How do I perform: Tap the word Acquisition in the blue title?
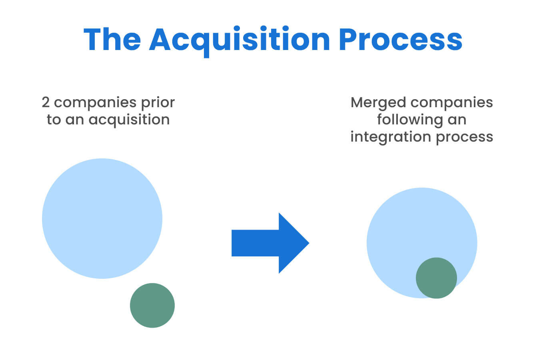pyautogui.click(x=239, y=40)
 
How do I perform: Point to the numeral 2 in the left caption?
pyautogui.click(x=46, y=102)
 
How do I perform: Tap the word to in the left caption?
pyautogui.click(x=54, y=120)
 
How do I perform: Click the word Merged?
pyautogui.click(x=378, y=103)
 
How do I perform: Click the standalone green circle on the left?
pyautogui.click(x=152, y=305)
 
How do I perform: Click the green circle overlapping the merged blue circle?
pyautogui.click(x=436, y=278)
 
